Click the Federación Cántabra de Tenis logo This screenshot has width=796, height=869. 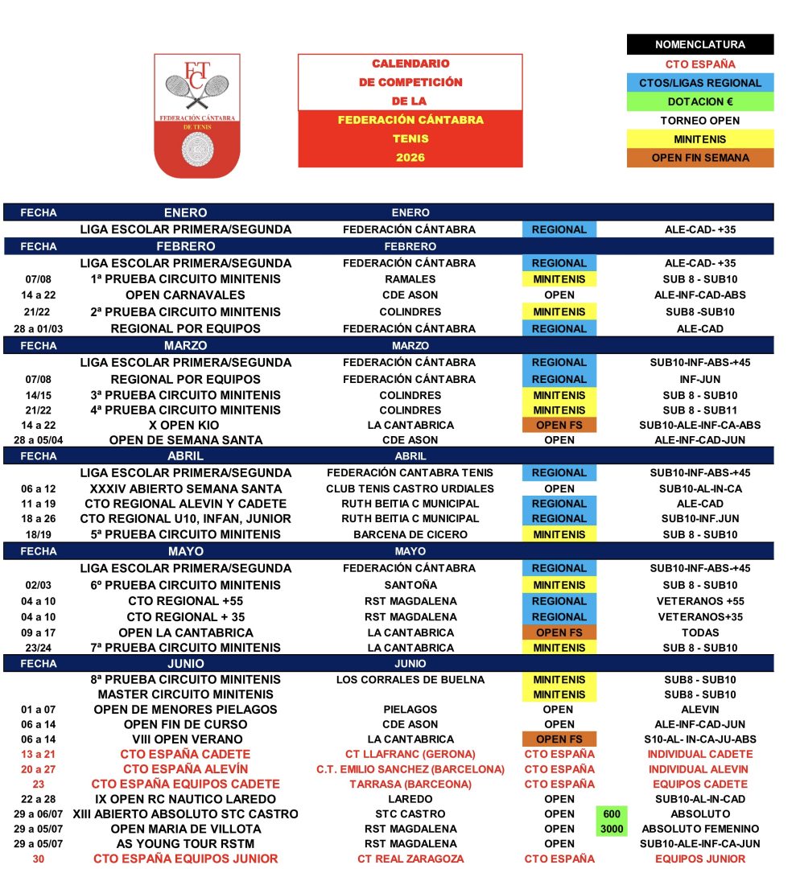click(x=197, y=115)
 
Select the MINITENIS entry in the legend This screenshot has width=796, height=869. click(x=699, y=139)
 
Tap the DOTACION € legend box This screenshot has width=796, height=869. click(x=699, y=102)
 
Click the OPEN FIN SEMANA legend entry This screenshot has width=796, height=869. click(x=699, y=158)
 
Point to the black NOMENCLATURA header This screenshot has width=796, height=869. click(x=699, y=45)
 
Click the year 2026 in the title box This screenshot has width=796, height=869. click(x=410, y=158)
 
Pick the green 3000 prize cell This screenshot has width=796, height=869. click(x=612, y=829)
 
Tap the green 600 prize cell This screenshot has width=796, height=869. click(x=612, y=814)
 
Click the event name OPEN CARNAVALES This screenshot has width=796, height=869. click(x=185, y=295)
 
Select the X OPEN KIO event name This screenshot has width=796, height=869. click(x=185, y=425)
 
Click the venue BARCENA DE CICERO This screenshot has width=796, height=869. click(x=410, y=534)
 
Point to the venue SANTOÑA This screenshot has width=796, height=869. click(x=410, y=585)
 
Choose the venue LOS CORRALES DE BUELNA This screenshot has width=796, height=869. click(x=410, y=679)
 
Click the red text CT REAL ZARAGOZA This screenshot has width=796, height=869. click(x=410, y=859)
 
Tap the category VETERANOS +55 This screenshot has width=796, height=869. click(x=699, y=601)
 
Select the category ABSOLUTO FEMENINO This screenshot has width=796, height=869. click(x=699, y=829)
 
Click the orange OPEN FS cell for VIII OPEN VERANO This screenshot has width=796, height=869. click(x=559, y=739)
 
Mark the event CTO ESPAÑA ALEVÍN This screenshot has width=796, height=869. click(x=185, y=769)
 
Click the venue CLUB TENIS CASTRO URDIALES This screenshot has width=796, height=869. click(x=410, y=488)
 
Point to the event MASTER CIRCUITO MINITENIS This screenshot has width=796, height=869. click(x=185, y=694)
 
